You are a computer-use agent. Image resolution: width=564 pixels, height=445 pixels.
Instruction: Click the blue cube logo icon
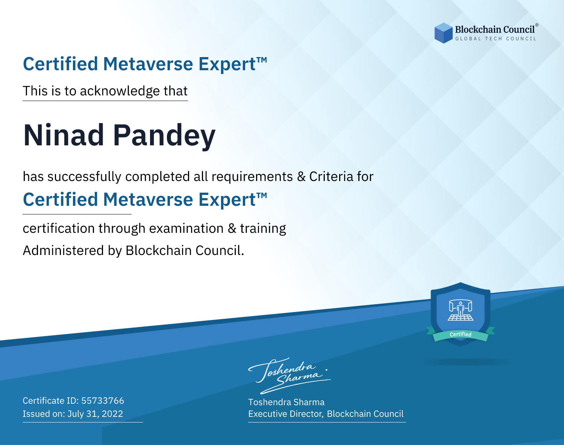[x=443, y=33]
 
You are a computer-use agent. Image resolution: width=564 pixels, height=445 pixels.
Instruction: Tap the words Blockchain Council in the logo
[x=495, y=29]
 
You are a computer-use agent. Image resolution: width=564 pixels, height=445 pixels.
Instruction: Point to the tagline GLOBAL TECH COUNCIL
[x=496, y=39]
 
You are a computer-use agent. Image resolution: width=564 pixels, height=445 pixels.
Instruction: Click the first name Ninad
[x=64, y=135]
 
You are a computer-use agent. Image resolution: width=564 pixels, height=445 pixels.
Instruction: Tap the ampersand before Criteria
[x=301, y=176]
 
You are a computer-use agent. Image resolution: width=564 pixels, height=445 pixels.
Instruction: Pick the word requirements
[x=252, y=177]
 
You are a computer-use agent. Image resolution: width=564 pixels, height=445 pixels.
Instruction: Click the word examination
[x=186, y=228]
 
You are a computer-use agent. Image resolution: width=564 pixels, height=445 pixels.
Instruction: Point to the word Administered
[x=63, y=250]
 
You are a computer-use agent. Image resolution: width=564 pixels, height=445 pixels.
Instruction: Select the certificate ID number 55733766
[x=103, y=401]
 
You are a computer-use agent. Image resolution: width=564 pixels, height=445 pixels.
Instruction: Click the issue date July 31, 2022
[x=95, y=414]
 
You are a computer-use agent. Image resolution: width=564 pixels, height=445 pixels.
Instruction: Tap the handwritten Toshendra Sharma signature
[x=290, y=376]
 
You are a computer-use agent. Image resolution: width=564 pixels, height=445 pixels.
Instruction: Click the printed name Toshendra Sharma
[x=286, y=402]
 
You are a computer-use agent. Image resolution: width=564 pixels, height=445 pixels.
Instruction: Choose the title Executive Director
[x=285, y=414]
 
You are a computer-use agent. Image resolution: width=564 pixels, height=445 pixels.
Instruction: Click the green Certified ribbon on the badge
[x=461, y=334]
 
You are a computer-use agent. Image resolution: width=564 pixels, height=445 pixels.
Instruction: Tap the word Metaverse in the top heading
[x=148, y=64]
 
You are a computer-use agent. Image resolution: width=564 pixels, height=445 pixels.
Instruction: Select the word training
[x=263, y=229]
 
